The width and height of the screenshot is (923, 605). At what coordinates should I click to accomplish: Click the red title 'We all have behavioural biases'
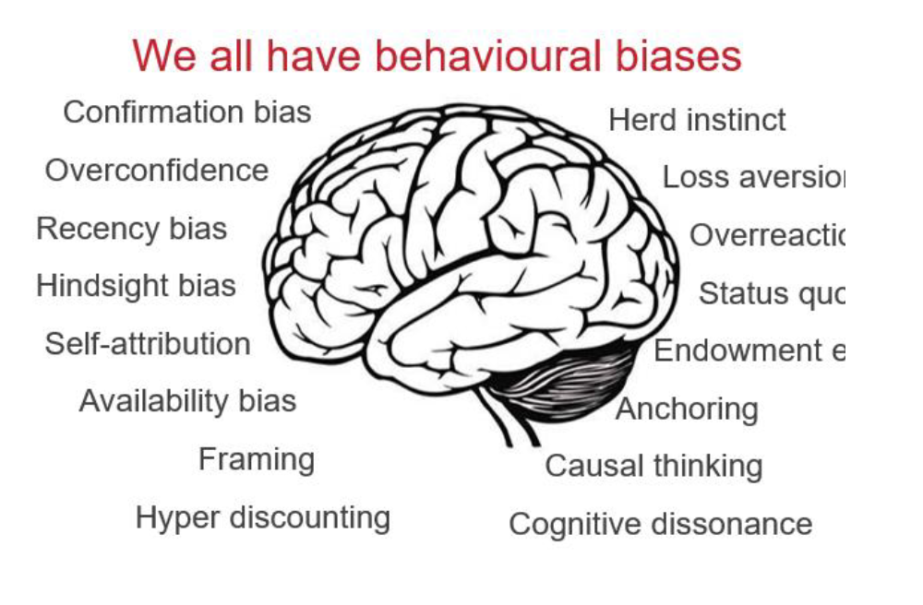437,55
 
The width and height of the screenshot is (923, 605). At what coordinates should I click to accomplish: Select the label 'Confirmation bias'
187,113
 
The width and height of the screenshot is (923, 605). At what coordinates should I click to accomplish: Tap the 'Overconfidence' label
157,171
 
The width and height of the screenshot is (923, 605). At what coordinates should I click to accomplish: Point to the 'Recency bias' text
131,229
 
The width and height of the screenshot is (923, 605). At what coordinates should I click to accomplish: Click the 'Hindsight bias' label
136,286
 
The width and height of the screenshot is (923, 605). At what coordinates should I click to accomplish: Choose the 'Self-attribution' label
148,344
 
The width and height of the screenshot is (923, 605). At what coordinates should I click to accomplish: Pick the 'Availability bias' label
187,401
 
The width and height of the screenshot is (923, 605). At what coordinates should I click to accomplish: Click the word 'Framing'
257,459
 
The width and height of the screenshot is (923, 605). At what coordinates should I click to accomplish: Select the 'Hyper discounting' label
263,517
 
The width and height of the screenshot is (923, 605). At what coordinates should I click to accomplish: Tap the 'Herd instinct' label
697,120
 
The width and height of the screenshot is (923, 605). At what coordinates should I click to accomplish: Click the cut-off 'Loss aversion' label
753,178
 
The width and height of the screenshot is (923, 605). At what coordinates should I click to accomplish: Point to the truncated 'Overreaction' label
767,235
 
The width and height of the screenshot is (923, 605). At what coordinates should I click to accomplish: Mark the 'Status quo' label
772,293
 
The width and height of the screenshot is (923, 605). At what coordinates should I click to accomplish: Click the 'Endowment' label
749,350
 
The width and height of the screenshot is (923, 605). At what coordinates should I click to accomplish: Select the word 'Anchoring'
687,409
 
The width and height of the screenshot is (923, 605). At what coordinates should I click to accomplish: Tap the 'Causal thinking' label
653,466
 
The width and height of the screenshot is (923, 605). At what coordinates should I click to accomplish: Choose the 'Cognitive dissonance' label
660,524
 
